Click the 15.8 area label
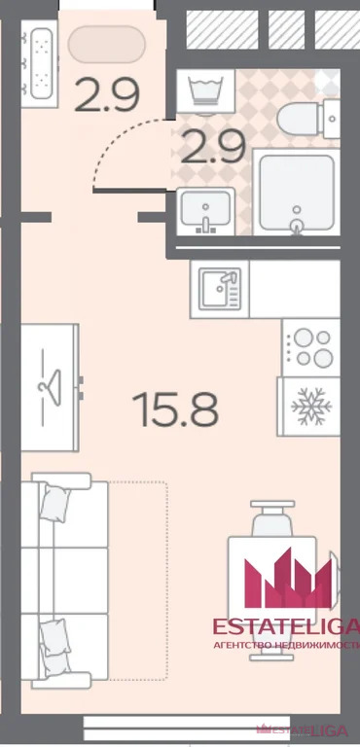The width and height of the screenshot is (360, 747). [175, 409]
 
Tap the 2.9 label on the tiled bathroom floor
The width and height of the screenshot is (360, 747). [213, 147]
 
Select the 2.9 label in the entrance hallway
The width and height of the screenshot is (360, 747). [107, 95]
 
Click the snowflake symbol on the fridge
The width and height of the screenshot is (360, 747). [311, 407]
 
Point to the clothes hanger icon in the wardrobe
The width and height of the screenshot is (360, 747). [51, 388]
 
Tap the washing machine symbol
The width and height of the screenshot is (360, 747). [205, 90]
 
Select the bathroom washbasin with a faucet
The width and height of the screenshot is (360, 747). [205, 211]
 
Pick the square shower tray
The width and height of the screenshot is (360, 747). [296, 192]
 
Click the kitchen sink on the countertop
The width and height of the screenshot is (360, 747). [219, 289]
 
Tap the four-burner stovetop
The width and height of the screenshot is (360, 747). [311, 348]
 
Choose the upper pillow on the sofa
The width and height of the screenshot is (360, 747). [55, 504]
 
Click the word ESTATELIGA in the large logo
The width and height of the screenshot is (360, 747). [285, 627]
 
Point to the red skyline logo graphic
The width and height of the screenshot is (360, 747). [288, 578]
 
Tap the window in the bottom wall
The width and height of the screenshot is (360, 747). [188, 729]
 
